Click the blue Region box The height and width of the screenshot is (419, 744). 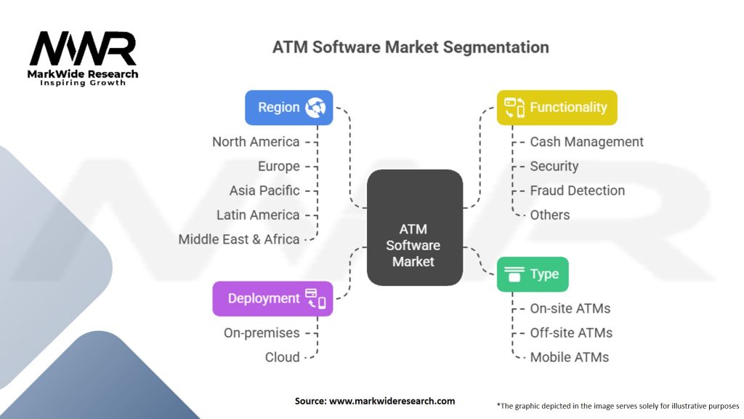point(289,108)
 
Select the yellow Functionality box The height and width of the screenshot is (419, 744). point(557,108)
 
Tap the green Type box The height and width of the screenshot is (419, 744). point(533,274)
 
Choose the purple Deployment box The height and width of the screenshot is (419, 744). point(273,299)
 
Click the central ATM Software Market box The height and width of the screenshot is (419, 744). point(415,228)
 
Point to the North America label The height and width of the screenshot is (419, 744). point(256,142)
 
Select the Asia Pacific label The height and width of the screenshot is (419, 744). point(264,191)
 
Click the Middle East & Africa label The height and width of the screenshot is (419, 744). point(238,239)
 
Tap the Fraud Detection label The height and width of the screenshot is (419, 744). point(578,191)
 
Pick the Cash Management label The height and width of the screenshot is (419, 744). point(586,142)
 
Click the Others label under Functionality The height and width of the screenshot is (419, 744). point(550,215)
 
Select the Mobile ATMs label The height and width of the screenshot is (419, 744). point(570,357)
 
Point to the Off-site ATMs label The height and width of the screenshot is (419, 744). point(571,333)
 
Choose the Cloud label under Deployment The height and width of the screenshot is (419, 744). point(283,357)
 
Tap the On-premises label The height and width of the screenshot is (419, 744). point(262,333)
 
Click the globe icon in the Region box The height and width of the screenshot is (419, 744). point(315,108)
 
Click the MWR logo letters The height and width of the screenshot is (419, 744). point(83,49)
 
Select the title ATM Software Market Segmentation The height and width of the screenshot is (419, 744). point(411,47)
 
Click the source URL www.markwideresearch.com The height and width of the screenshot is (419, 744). point(392,401)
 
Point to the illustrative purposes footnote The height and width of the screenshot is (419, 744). point(618,406)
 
